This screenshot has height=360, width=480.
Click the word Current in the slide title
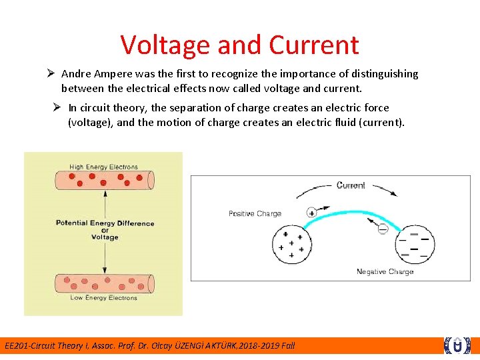[314, 45]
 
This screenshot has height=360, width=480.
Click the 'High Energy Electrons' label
[103, 167]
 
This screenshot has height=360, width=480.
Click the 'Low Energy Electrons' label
[103, 297]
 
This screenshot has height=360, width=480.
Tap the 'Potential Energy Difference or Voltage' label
[105, 229]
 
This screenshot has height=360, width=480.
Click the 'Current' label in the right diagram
[351, 185]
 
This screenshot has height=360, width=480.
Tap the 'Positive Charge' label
[255, 213]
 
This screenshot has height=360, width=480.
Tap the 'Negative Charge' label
[385, 271]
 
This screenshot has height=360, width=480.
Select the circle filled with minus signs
[413, 245]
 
